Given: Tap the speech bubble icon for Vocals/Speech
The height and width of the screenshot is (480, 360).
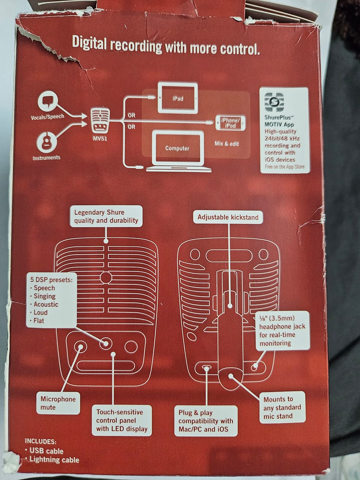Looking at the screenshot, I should (x=48, y=102).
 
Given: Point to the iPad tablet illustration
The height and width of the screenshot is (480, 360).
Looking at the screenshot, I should (x=177, y=99).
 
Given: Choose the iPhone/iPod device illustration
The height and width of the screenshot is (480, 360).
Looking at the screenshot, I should (x=230, y=123).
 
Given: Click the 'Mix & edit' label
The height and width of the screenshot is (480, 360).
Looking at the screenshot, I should (x=226, y=144).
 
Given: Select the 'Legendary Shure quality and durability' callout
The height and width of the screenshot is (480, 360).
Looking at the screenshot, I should (x=106, y=216).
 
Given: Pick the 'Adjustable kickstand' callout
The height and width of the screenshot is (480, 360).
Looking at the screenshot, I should (x=228, y=217).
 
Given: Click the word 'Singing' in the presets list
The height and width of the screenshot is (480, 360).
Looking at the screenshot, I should (x=44, y=296).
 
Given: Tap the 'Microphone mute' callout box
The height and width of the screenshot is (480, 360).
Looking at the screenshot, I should (x=58, y=403).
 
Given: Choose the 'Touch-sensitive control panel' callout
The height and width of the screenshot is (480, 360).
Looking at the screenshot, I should (x=121, y=420).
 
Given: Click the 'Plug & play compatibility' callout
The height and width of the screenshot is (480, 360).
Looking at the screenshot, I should (x=206, y=421).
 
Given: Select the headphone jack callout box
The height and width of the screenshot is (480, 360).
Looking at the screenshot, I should (x=282, y=330).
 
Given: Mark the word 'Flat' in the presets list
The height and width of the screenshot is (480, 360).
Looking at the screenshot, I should (x=39, y=321).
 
